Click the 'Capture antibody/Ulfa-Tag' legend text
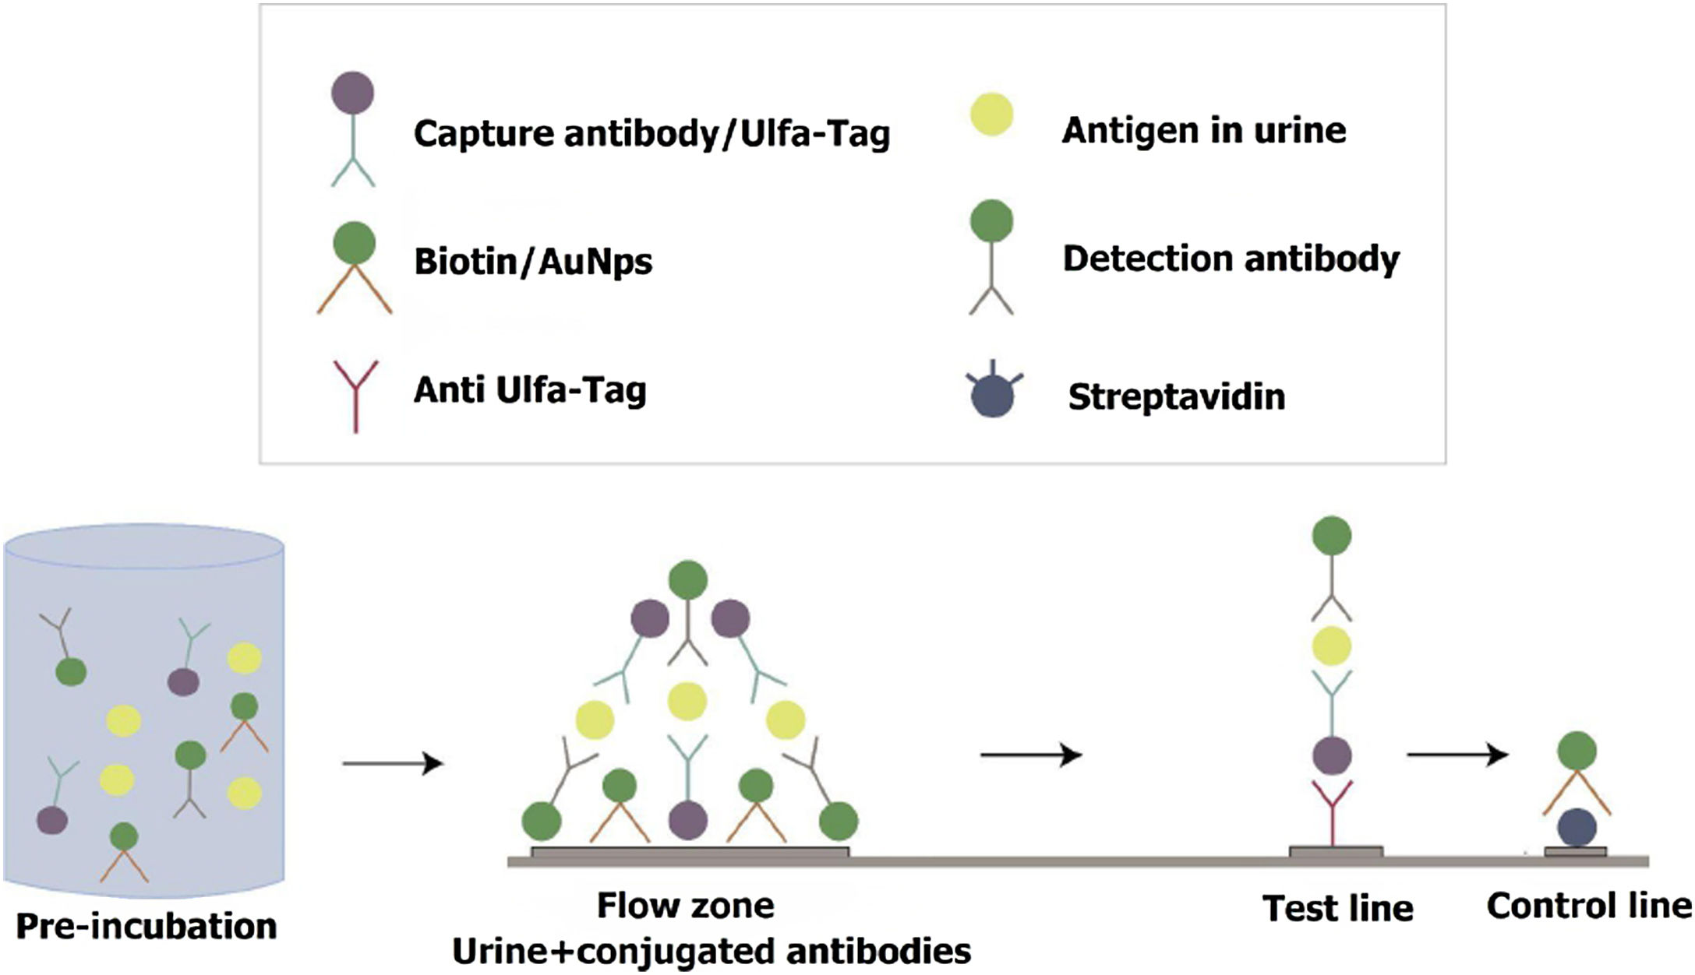652,134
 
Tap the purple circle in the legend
352,93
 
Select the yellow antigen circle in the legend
991,114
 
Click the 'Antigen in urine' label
1203,130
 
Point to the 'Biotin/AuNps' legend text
533,262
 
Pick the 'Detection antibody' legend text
1231,259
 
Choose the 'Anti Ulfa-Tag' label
530,389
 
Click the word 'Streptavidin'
1176,396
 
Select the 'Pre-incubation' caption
147,926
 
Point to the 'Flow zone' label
685,906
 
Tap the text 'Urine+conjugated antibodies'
711,951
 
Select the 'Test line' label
1337,908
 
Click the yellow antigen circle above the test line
1331,646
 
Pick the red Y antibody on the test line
1332,810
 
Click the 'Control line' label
1589,906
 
